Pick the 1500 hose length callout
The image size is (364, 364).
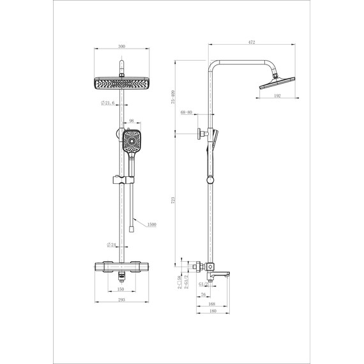coord(151,225)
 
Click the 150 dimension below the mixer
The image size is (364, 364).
coord(121,288)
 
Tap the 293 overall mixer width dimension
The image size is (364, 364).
coord(121,299)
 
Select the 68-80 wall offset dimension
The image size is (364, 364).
coord(186,113)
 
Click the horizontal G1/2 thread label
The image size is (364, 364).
coord(202,284)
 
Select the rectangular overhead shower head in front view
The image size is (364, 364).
coord(121,84)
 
